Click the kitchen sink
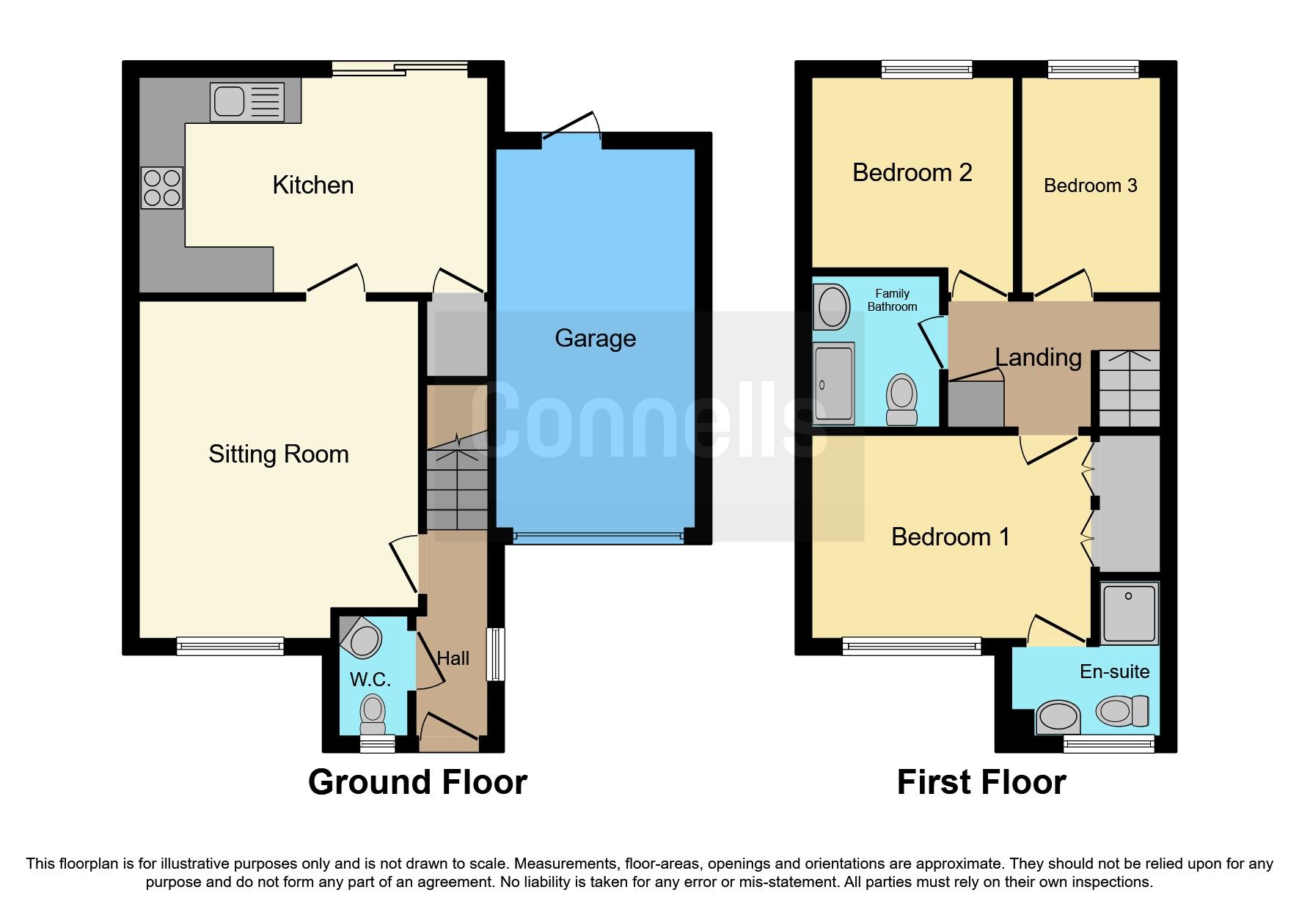[246, 101]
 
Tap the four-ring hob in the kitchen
[162, 188]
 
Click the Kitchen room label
[313, 185]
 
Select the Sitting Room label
[279, 454]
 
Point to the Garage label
[595, 339]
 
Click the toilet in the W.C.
[373, 713]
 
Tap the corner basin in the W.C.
[362, 638]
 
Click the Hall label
[453, 658]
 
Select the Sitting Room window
[230, 646]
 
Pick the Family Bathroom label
[892, 300]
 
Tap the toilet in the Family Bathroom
[901, 400]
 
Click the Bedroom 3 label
[1090, 186]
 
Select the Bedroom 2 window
[926, 70]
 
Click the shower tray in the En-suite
[1128, 613]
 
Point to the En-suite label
[1114, 671]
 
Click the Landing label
[1038, 358]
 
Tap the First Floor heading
[981, 782]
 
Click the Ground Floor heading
[417, 782]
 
